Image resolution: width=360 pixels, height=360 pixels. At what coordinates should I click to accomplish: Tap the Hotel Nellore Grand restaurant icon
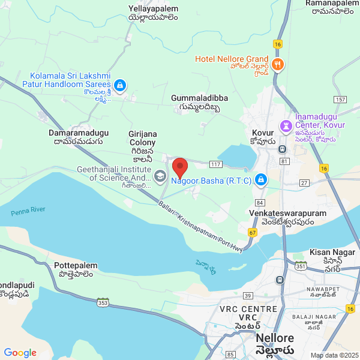(x=277, y=65)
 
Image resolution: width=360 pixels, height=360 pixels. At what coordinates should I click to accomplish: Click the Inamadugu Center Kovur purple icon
(x=286, y=127)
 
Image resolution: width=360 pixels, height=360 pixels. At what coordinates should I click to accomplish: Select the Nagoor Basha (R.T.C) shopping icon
(x=261, y=179)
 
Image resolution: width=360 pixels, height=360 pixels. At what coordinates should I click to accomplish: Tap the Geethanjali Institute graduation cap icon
(x=160, y=176)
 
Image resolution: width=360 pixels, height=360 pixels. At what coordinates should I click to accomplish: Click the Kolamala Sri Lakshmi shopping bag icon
(x=120, y=86)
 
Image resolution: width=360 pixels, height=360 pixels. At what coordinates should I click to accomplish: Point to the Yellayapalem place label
(x=153, y=9)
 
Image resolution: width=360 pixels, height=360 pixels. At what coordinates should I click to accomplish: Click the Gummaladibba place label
(x=200, y=97)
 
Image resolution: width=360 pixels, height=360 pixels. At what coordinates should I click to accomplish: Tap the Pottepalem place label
(x=76, y=265)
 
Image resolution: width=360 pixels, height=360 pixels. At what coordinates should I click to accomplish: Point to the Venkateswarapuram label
(x=287, y=213)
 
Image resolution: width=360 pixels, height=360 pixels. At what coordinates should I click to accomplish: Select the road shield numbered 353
(x=103, y=302)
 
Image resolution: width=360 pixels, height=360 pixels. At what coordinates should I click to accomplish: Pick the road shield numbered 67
(x=252, y=232)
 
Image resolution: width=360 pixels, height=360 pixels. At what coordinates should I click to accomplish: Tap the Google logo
(x=20, y=353)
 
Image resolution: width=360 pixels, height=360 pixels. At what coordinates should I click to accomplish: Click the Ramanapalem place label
(x=332, y=4)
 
